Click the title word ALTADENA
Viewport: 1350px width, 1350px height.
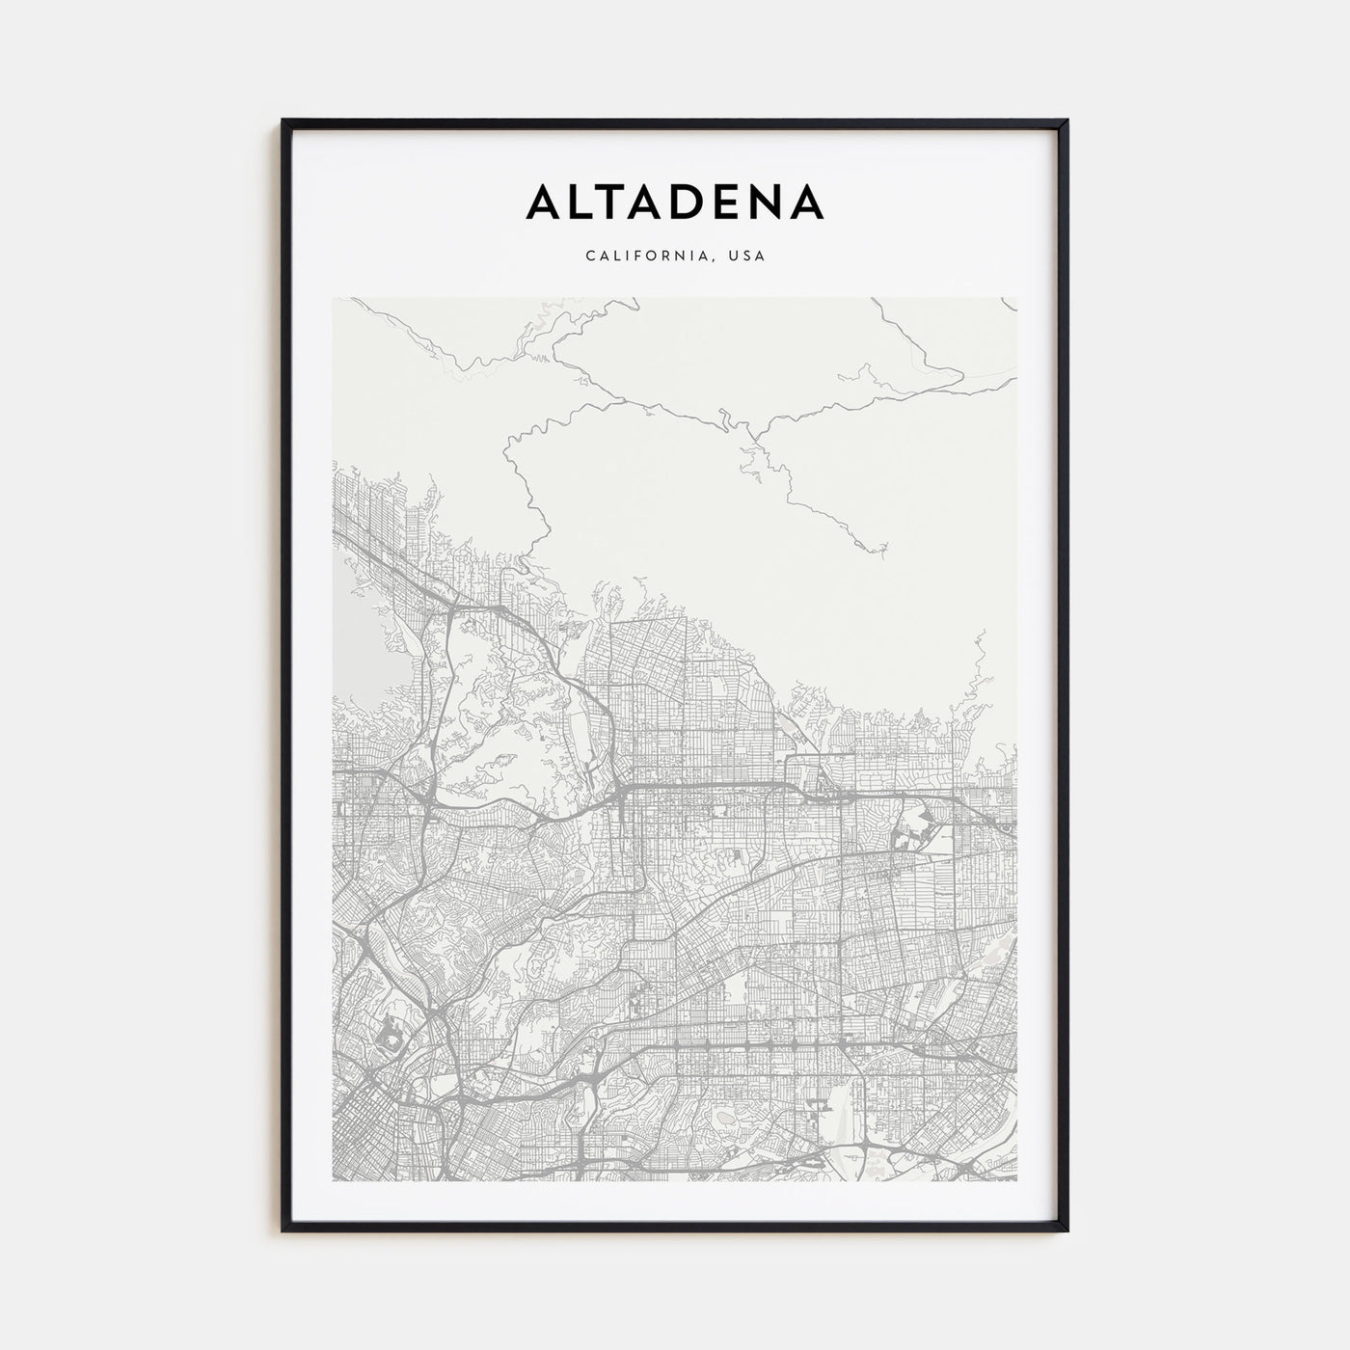click(x=674, y=202)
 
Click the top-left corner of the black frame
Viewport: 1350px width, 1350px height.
click(x=283, y=121)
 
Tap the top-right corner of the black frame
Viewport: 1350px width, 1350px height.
click(x=1067, y=121)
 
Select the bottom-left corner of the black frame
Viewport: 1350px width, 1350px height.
click(x=283, y=1230)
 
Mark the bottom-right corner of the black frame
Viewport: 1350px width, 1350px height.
click(x=1067, y=1230)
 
